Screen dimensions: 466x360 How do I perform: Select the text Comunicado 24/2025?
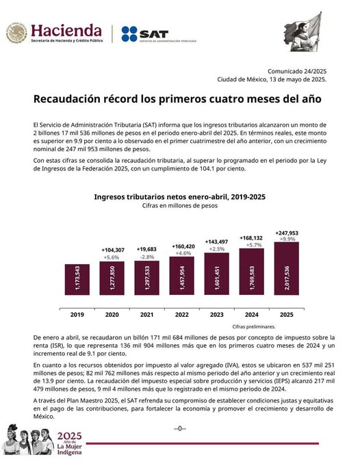296,70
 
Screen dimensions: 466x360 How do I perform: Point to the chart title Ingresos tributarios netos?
179,196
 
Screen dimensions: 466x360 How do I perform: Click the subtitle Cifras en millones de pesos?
179,205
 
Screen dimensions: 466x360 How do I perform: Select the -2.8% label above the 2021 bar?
145,257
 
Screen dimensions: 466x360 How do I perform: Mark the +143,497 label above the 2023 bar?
214,242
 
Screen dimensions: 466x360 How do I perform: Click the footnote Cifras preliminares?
253,326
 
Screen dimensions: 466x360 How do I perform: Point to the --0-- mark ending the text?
179,428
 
